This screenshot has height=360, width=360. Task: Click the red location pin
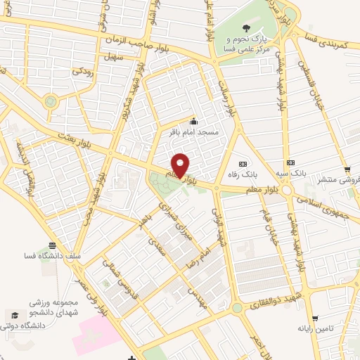(x=180, y=165)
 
